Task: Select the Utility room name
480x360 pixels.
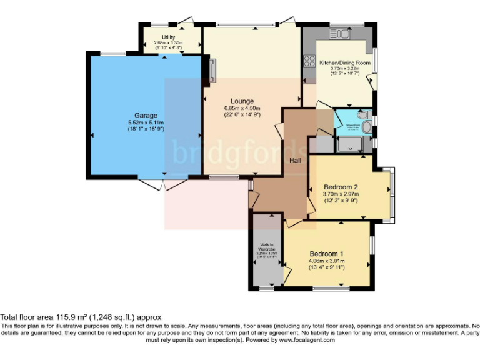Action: click(168, 37)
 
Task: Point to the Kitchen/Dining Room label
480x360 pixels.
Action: click(345, 62)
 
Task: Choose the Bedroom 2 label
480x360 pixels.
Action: click(341, 186)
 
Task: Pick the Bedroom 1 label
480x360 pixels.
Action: click(326, 253)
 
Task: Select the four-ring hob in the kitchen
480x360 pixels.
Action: click(308, 61)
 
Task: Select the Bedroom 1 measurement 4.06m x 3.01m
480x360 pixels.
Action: click(326, 261)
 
